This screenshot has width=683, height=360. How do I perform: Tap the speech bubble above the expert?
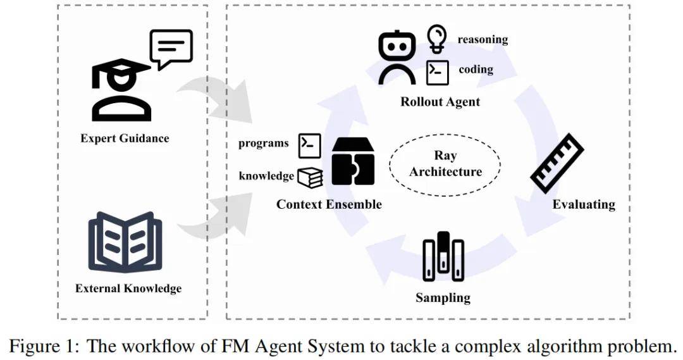pos(171,48)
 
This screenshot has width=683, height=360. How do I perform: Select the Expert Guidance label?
pos(125,138)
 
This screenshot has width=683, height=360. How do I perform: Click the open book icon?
pos(125,242)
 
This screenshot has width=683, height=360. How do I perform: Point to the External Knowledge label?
pos(128,289)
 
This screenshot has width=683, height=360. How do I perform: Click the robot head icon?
pos(397,57)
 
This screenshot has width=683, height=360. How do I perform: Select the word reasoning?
pos(483,39)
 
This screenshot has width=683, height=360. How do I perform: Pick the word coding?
pos(476,70)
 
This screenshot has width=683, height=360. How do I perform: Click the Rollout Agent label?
pos(440,102)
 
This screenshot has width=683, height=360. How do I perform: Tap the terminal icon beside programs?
pos(310,145)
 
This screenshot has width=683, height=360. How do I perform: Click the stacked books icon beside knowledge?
pos(310,177)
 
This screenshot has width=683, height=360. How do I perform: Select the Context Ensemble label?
pos(329,204)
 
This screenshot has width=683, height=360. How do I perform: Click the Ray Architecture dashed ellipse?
pos(445,163)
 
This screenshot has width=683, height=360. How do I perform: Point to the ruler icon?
pos(557,163)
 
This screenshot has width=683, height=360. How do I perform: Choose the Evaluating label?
pos(583,204)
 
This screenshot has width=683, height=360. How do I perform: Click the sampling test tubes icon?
pos(443,257)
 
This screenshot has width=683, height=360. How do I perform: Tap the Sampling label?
pos(443,297)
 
